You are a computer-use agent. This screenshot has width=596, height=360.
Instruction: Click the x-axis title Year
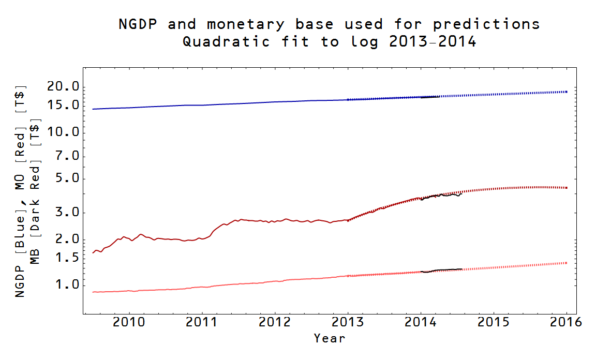coord(329,339)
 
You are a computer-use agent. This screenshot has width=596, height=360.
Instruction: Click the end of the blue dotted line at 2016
coord(567,92)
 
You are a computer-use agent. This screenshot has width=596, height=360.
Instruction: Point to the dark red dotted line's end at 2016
coord(567,188)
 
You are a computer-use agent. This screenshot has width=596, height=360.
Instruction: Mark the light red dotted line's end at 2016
coord(567,263)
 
